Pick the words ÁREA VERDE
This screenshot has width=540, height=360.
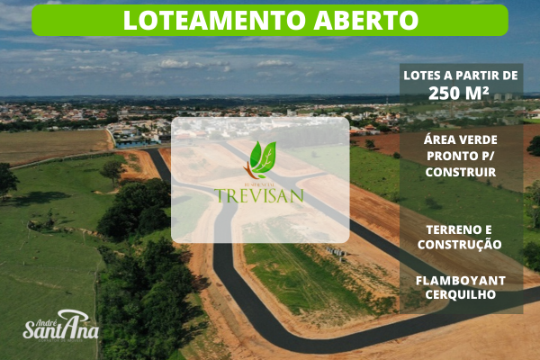(x=461, y=139)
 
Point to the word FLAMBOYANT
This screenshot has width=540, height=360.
(x=461, y=280)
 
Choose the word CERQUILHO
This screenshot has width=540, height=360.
(x=461, y=294)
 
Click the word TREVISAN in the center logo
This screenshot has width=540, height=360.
(x=260, y=194)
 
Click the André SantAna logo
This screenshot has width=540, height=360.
(x=59, y=324)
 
